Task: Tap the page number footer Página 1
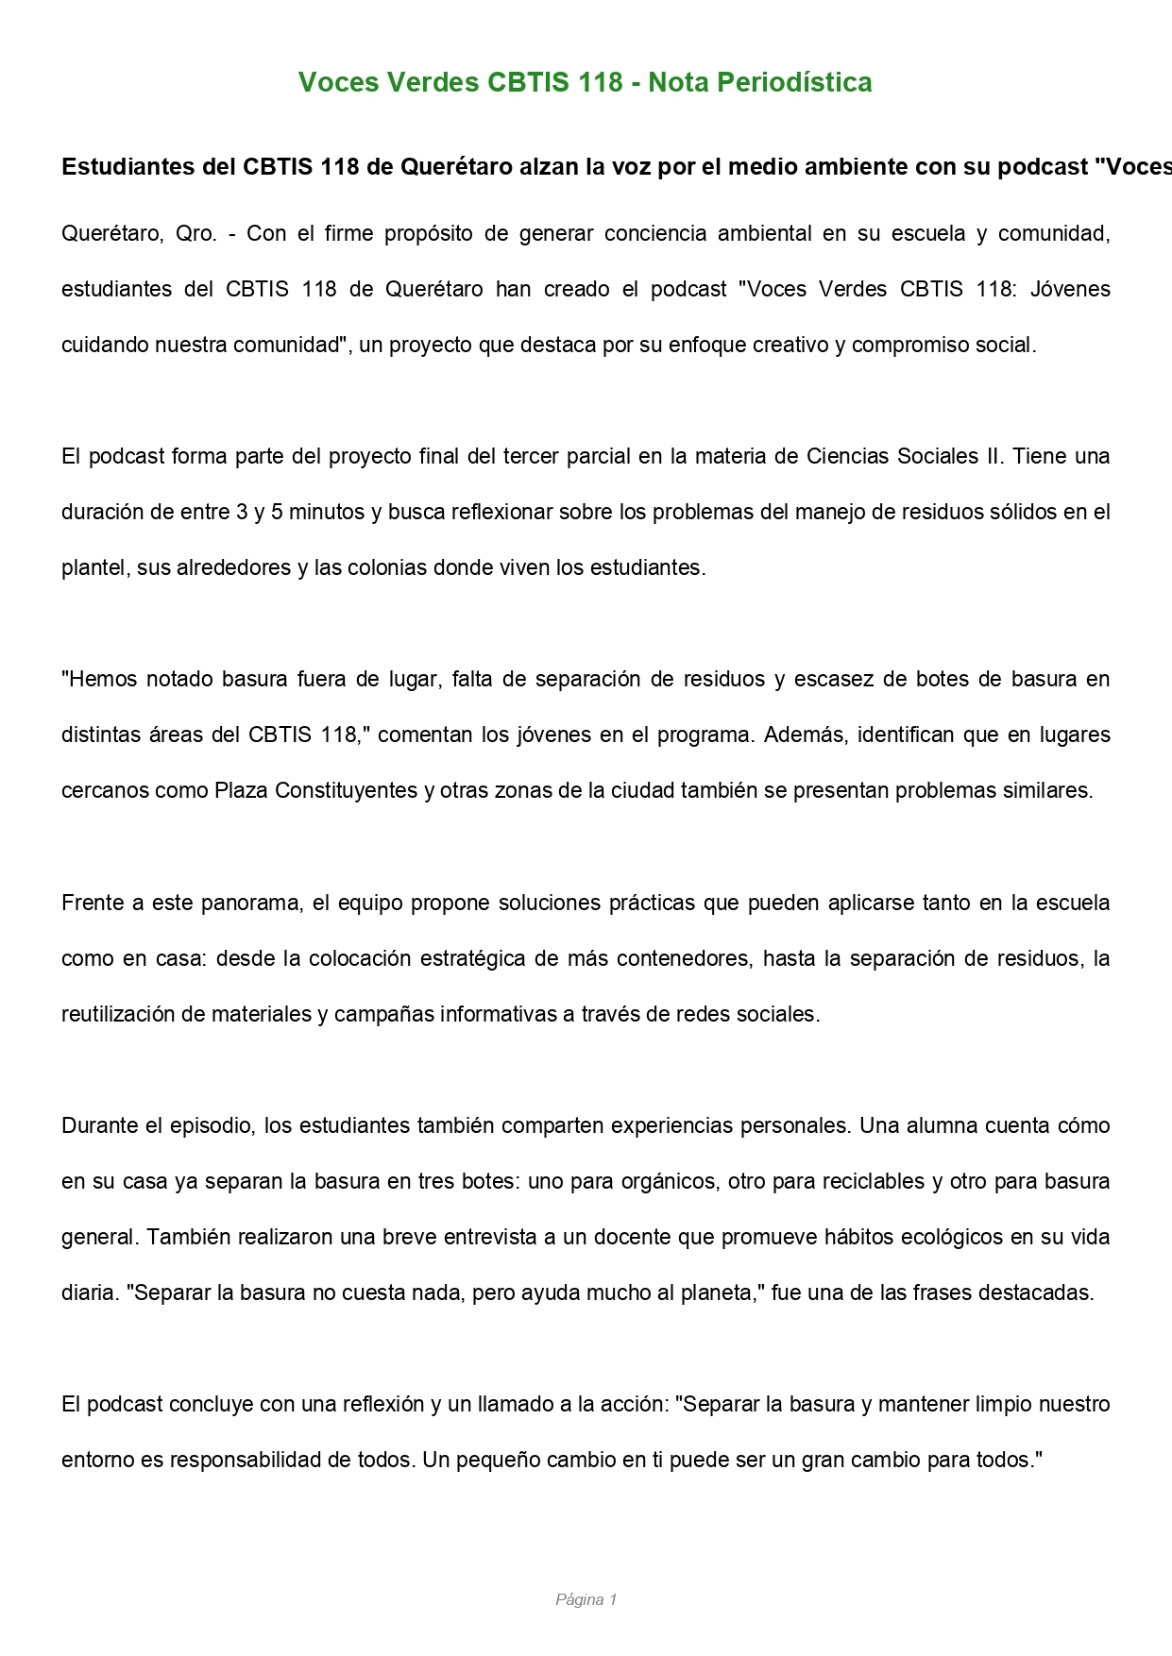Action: [x=586, y=1599]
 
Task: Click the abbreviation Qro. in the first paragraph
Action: [x=196, y=234]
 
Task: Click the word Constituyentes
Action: [x=344, y=791]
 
